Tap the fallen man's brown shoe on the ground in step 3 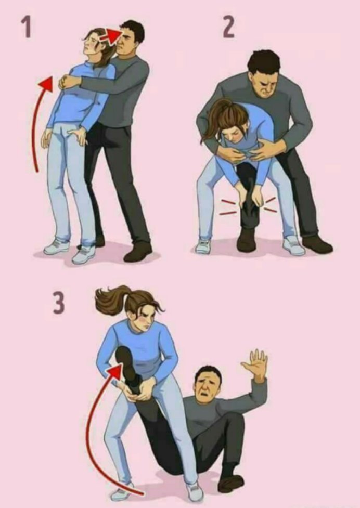(230, 483)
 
